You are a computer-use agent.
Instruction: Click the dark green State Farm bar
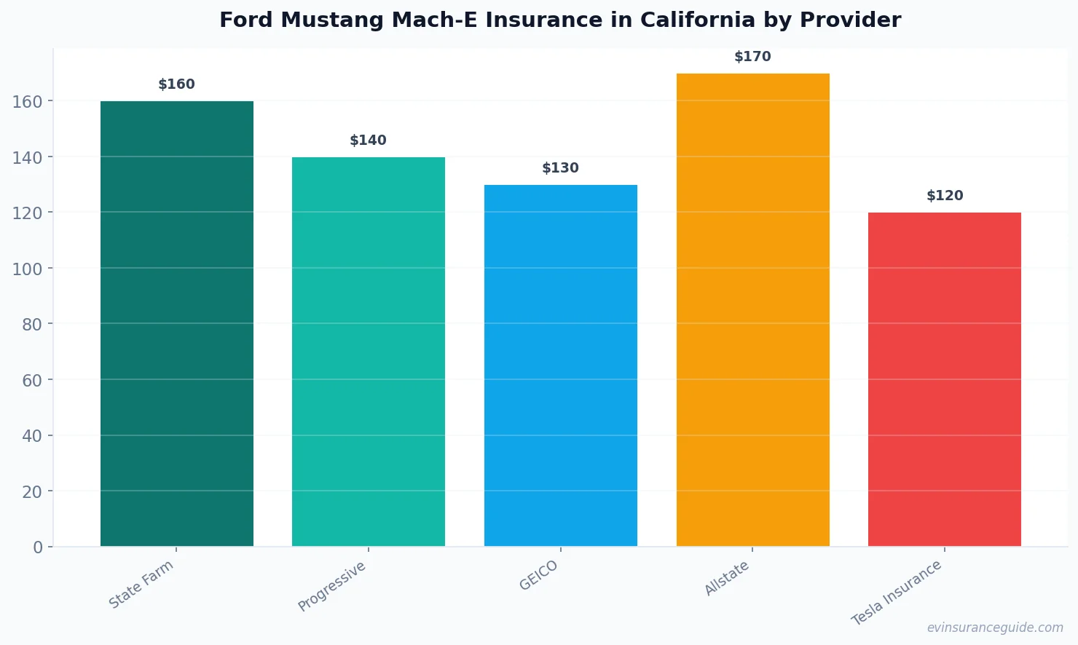click(x=177, y=324)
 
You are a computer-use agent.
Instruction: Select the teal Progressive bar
click(x=369, y=352)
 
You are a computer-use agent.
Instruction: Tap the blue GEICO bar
click(x=560, y=365)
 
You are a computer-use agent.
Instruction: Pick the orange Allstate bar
click(x=752, y=310)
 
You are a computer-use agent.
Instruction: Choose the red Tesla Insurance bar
click(x=944, y=379)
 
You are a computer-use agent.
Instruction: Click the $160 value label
click(x=177, y=84)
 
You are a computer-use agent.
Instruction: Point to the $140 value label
click(x=369, y=141)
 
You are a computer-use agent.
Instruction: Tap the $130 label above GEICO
click(x=560, y=168)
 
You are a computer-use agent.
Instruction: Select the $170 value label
click(x=752, y=57)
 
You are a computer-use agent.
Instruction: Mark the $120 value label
click(x=945, y=196)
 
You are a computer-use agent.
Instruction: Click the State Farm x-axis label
click(x=141, y=585)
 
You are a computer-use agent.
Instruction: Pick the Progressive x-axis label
click(x=332, y=587)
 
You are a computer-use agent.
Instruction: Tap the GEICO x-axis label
click(x=539, y=576)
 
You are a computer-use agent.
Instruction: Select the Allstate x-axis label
click(x=727, y=579)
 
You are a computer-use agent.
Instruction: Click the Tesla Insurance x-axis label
click(x=897, y=593)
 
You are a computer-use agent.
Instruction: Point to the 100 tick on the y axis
click(x=28, y=269)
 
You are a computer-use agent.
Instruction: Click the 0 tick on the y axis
click(x=38, y=547)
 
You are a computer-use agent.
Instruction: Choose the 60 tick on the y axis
click(x=32, y=380)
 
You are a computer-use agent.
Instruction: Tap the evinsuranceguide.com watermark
click(x=995, y=628)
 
